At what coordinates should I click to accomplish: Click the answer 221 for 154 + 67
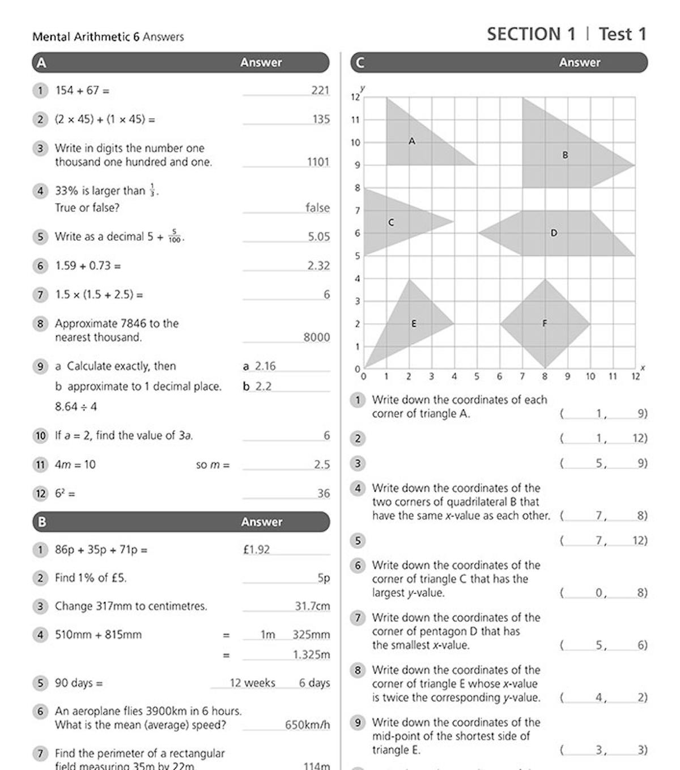click(x=320, y=90)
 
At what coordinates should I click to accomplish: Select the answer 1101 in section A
click(x=318, y=162)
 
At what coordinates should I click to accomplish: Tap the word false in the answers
click(x=317, y=208)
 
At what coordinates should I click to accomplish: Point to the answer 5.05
click(x=318, y=236)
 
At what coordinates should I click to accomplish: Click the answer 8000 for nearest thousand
click(x=316, y=337)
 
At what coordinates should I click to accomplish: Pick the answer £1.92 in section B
click(x=256, y=549)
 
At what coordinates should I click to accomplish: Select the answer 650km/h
click(x=307, y=725)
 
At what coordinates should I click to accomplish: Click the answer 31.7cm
click(x=312, y=606)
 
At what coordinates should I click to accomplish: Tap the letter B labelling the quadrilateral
click(x=565, y=155)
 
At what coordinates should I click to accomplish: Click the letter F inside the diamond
click(x=545, y=324)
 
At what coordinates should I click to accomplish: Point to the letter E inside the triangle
click(x=414, y=324)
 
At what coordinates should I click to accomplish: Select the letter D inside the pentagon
click(x=554, y=233)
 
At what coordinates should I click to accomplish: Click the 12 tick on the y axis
click(x=355, y=98)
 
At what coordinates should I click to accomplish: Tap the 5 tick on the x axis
click(x=477, y=376)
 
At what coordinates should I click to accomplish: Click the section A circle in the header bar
click(x=41, y=62)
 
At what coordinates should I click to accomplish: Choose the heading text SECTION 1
click(x=531, y=34)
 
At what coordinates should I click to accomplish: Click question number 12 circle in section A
click(x=40, y=493)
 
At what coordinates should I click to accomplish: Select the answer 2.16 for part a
click(x=265, y=366)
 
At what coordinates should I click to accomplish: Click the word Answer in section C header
click(x=579, y=62)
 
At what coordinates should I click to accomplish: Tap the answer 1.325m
click(x=311, y=654)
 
